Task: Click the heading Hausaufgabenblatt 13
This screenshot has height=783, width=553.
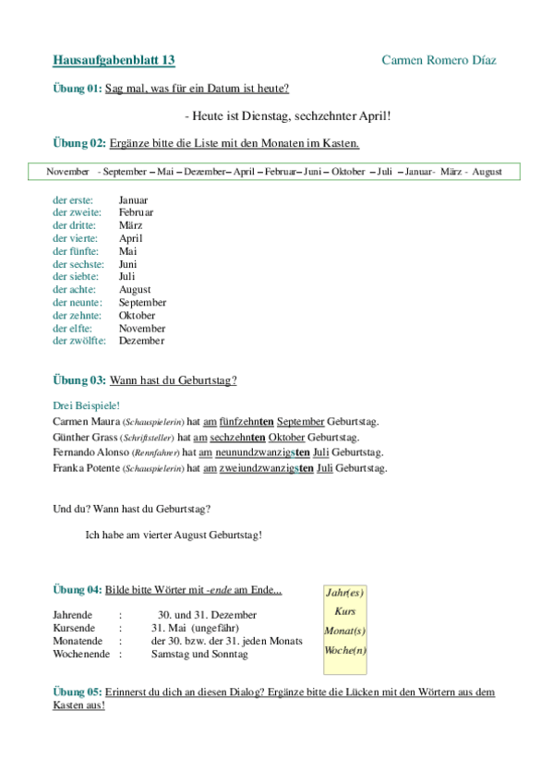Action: [114, 60]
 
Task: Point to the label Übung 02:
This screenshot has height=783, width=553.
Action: [79, 143]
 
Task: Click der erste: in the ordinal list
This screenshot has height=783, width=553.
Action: [73, 199]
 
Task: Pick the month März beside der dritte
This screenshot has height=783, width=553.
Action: [130, 225]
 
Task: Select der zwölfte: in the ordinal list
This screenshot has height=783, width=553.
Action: [79, 341]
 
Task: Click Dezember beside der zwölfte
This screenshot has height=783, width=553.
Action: [141, 341]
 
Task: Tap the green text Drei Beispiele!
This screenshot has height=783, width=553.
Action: [87, 405]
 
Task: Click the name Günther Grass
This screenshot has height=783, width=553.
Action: [84, 437]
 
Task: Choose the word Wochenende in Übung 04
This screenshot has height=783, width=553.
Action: [79, 654]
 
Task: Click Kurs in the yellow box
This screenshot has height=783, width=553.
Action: [345, 611]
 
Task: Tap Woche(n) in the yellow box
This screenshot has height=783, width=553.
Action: [345, 650]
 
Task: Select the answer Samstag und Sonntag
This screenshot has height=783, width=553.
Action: [199, 654]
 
